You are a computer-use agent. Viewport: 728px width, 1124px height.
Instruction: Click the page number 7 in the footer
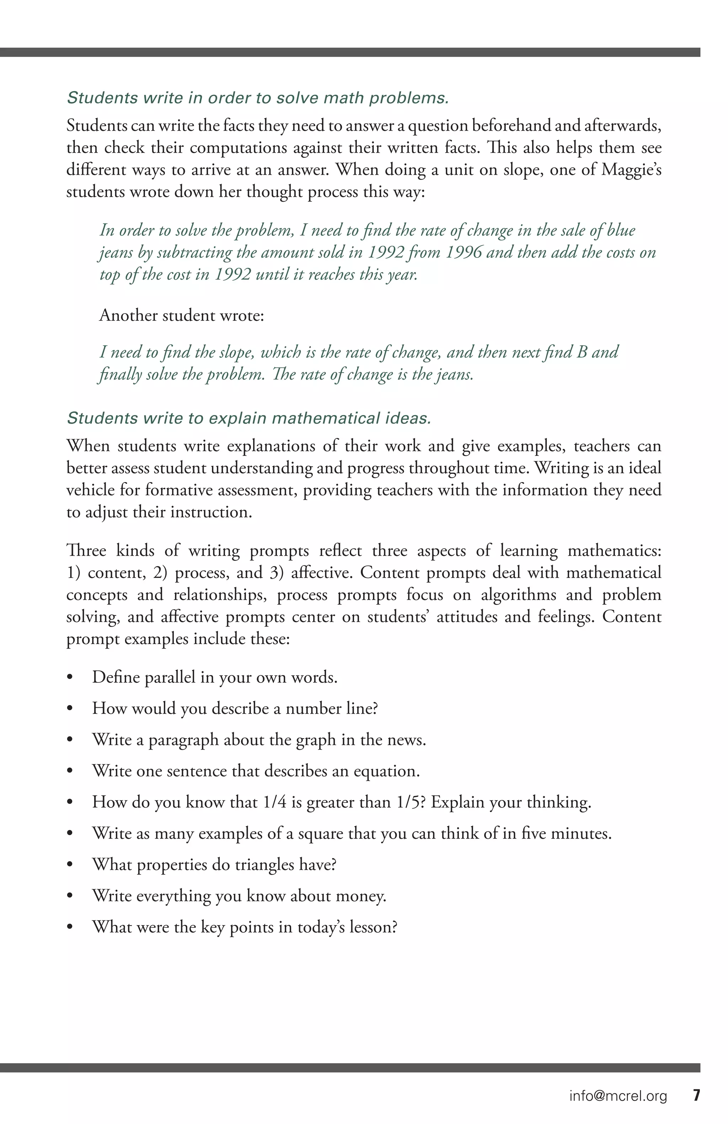pos(696,1095)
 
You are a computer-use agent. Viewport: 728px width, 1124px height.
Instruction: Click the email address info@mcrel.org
pos(618,1096)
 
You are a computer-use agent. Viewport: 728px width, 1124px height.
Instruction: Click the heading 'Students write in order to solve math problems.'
pos(257,98)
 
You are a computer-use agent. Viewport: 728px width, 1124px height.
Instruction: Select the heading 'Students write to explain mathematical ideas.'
pos(249,418)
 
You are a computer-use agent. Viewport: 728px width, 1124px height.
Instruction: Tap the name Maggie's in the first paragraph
pos(631,169)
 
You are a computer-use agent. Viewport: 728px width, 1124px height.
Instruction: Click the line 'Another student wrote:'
pos(181,315)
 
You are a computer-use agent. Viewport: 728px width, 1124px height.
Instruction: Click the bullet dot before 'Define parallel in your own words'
pos(70,678)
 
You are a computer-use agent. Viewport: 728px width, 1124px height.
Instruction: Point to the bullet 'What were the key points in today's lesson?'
pos(244,927)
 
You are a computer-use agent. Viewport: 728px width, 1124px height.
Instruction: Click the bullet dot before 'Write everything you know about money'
pos(70,896)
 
